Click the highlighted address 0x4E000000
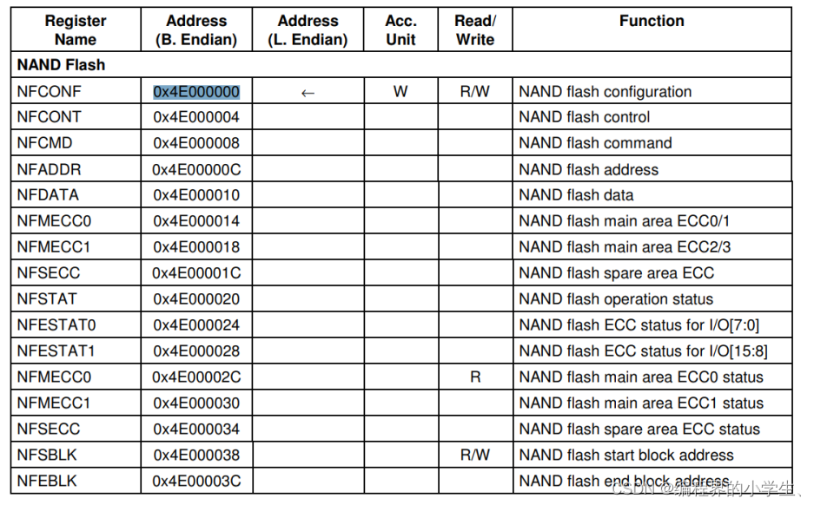pyautogui.click(x=196, y=92)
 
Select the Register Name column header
pyautogui.click(x=75, y=30)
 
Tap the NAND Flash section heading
pyautogui.click(x=61, y=65)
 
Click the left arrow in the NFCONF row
pyautogui.click(x=308, y=92)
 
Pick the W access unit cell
pyautogui.click(x=400, y=91)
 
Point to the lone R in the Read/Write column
pyautogui.click(x=475, y=377)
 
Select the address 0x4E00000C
pyautogui.click(x=196, y=169)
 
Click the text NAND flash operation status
pyautogui.click(x=616, y=299)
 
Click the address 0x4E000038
pyautogui.click(x=196, y=455)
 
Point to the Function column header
pyautogui.click(x=652, y=21)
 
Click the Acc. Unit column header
pyautogui.click(x=400, y=30)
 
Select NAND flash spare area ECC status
pyautogui.click(x=639, y=429)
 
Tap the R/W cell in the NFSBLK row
pyautogui.click(x=475, y=455)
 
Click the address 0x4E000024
pyautogui.click(x=196, y=325)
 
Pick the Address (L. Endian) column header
pyautogui.click(x=308, y=30)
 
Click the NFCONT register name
pyautogui.click(x=50, y=117)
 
